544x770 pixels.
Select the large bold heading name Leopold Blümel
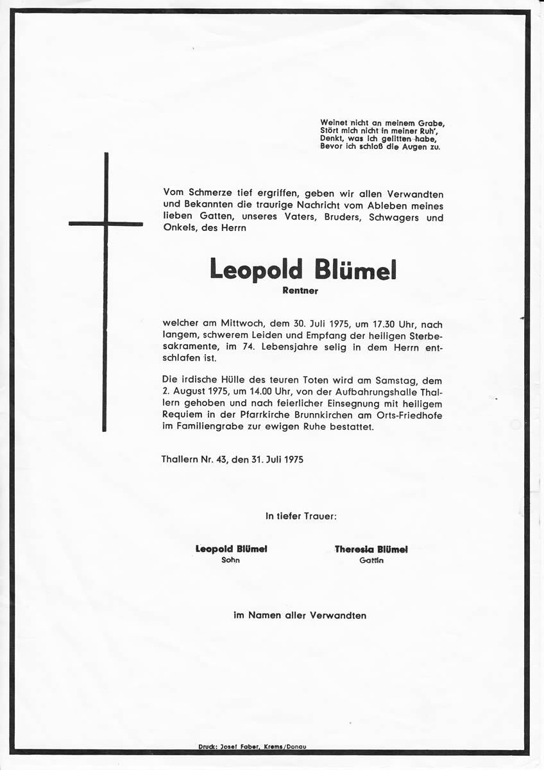(x=303, y=269)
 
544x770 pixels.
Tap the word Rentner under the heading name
(x=300, y=291)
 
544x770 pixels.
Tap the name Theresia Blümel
(x=371, y=549)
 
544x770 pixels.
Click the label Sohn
(x=231, y=560)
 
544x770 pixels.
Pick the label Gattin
(x=371, y=560)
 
